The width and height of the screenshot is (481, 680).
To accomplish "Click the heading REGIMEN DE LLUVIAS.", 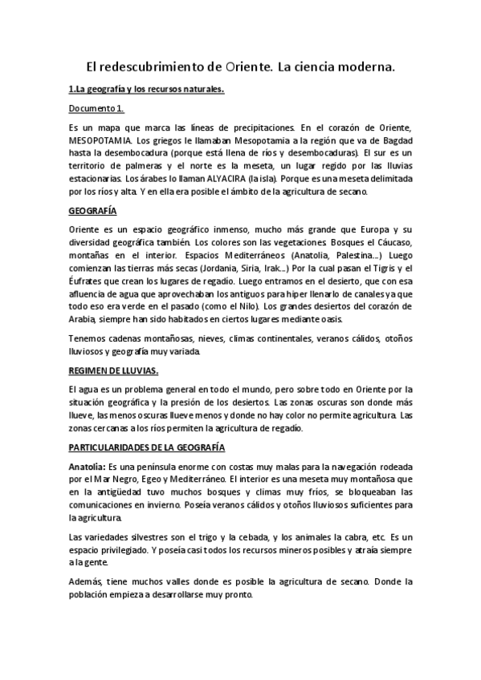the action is click(113, 370).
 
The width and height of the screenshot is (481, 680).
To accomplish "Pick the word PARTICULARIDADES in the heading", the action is click(117, 446).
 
